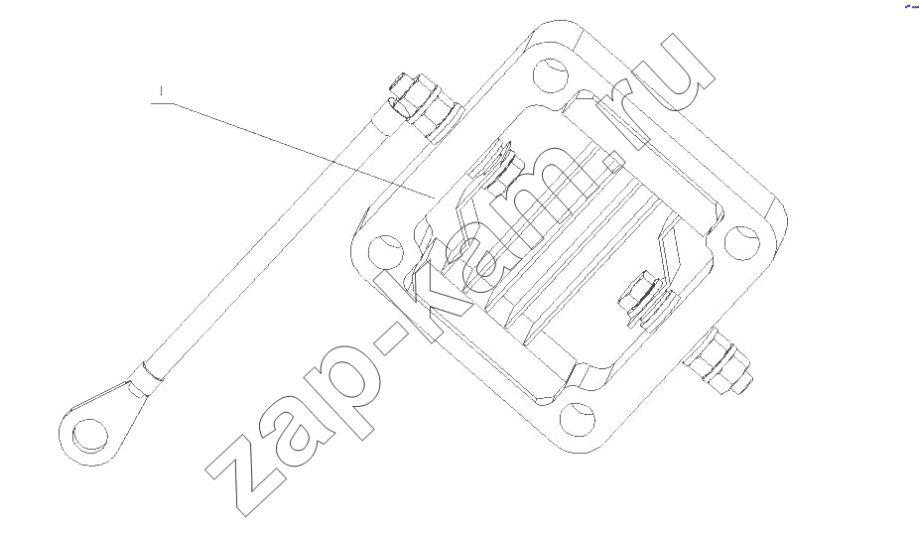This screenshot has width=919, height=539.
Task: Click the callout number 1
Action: point(161,91)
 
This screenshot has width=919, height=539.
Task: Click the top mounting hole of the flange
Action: point(551,75)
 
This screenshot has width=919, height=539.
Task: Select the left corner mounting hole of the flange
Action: point(386,252)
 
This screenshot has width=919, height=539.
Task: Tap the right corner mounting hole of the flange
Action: point(742,242)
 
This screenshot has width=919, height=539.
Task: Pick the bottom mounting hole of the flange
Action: point(578,419)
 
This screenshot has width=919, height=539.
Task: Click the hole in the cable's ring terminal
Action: point(90,436)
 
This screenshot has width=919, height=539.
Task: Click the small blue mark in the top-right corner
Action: point(911,6)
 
